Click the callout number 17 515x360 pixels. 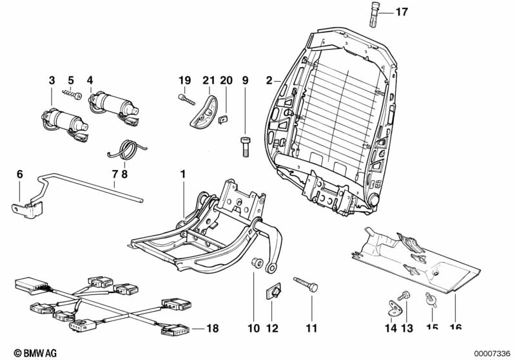click(402, 12)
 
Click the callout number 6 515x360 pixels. click(19, 174)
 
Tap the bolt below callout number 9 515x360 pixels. click(246, 146)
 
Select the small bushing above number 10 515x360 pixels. click(255, 263)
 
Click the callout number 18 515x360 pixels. click(213, 328)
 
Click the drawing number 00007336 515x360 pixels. click(492, 352)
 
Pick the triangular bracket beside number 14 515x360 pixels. click(393, 308)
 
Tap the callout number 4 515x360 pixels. click(90, 81)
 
